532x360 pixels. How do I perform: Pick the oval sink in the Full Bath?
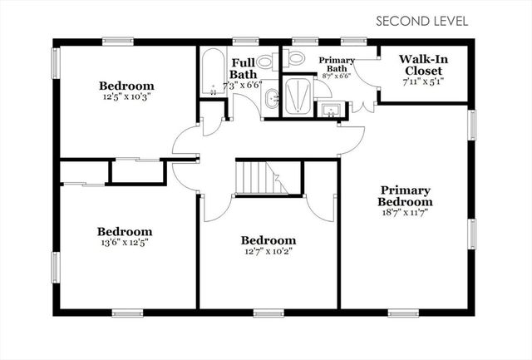271,100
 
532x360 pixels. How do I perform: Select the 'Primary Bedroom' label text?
405,195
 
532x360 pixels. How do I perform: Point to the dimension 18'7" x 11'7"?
405,212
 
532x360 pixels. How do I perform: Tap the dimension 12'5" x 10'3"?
127,96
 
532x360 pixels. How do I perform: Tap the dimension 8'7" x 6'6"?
336,76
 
